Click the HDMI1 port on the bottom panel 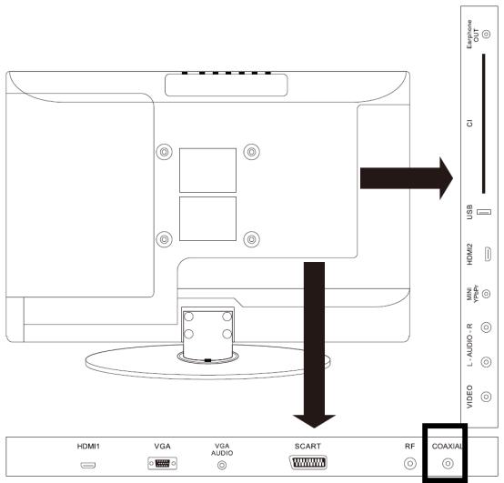(87, 465)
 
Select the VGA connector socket (162, 463)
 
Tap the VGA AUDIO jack (222, 465)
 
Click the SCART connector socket (307, 463)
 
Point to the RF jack (409, 463)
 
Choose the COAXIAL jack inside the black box (448, 463)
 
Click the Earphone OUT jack (487, 34)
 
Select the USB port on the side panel (484, 212)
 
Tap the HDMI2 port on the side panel (488, 254)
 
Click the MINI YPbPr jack (487, 294)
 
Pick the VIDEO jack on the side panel (486, 397)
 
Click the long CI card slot (483, 124)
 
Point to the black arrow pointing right (407, 178)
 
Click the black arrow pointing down (314, 345)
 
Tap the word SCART (307, 446)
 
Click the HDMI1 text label (88, 446)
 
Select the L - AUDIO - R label (469, 345)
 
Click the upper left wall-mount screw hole (165, 152)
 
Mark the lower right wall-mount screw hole (252, 239)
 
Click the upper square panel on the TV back (207, 170)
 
